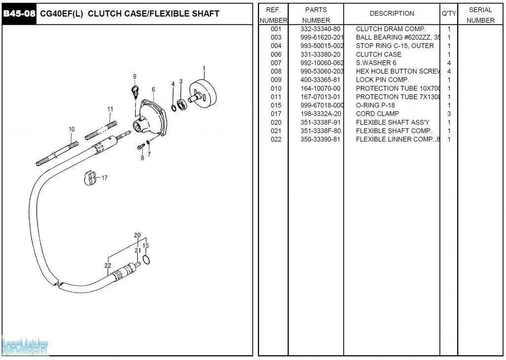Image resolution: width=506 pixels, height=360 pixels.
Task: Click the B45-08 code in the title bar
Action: [19, 14]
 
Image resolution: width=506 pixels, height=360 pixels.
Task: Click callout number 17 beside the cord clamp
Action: [104, 178]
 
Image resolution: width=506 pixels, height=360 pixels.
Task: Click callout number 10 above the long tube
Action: [72, 130]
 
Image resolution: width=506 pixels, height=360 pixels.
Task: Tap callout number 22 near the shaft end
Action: [108, 266]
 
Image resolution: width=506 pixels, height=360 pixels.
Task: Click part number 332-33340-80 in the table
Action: [320, 29]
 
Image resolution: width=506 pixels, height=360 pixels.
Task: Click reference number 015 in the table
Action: [276, 105]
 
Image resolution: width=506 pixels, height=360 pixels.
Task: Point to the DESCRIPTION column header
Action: [392, 13]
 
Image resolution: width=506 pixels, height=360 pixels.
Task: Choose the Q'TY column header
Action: [449, 13]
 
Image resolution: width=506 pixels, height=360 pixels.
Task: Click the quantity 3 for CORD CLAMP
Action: [449, 114]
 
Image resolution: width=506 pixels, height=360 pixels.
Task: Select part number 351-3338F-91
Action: [320, 122]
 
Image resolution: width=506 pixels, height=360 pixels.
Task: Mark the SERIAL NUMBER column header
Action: [480, 15]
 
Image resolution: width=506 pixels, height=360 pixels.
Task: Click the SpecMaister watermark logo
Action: [25, 346]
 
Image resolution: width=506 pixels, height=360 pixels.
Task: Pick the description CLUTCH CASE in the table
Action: [379, 54]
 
